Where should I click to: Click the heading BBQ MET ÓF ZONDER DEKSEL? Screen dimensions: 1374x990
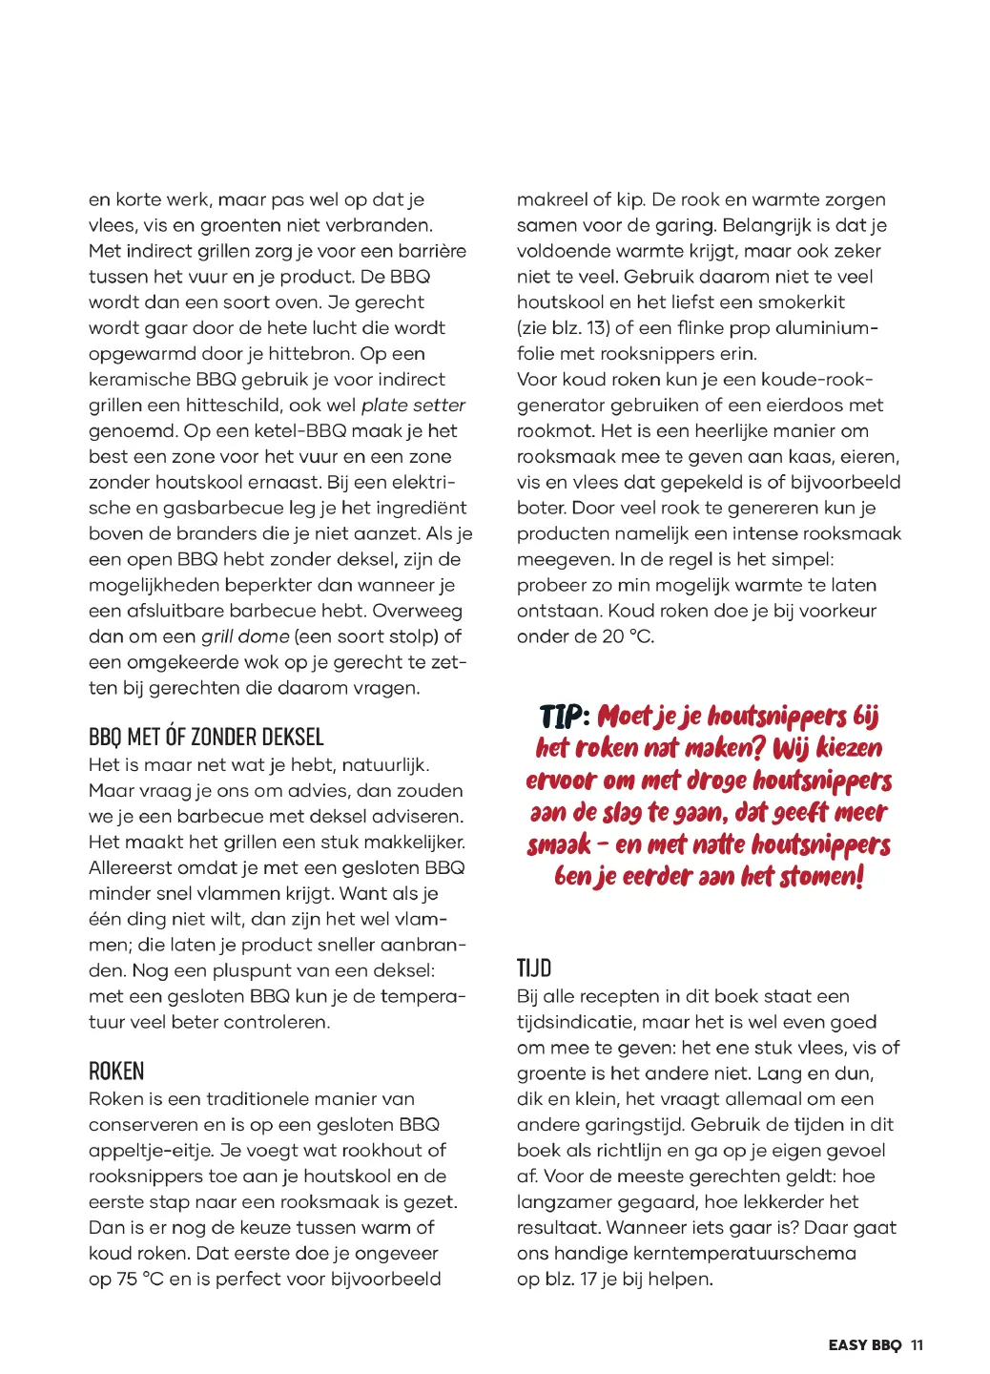click(206, 737)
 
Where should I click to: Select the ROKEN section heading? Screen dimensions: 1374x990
click(116, 1071)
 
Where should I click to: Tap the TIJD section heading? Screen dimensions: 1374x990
click(534, 968)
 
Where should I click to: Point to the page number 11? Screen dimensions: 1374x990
click(917, 1345)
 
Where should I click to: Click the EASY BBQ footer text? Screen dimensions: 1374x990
click(864, 1345)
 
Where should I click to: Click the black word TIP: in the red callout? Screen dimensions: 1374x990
click(565, 717)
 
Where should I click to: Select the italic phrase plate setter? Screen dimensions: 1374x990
click(413, 406)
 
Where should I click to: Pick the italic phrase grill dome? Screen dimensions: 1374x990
click(245, 636)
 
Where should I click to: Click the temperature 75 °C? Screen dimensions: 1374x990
click(140, 1280)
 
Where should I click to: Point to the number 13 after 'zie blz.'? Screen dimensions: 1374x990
click(597, 328)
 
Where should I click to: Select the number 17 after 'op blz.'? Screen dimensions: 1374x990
click(591, 1280)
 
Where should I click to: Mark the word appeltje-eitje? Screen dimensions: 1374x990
click(146, 1151)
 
